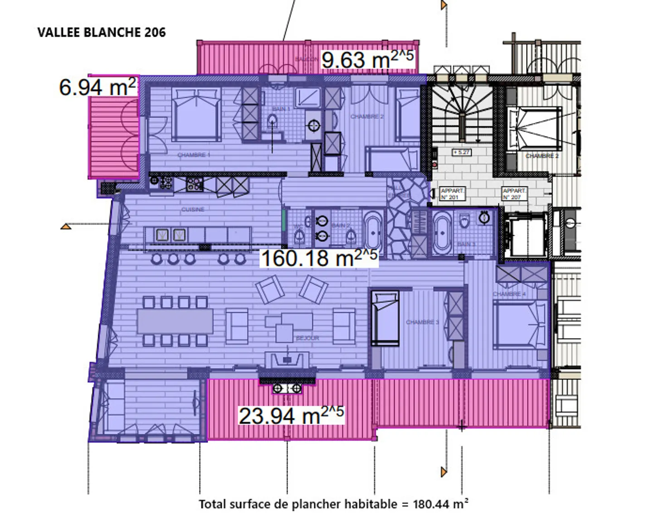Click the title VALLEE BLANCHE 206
pos(102,33)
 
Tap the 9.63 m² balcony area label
pos(367,59)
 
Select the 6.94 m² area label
pos(97,87)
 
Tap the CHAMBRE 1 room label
pos(194,155)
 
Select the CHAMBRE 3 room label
pos(422,322)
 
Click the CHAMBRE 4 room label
pos(509,294)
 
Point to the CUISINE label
pos(193,209)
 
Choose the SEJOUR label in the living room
pos(307,338)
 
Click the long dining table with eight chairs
pos(175,321)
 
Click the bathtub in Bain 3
pos(441,234)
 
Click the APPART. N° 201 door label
pos(452,194)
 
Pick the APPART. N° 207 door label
pos(514,194)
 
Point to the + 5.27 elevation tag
pos(461,152)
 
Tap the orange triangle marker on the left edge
pos(66,226)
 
